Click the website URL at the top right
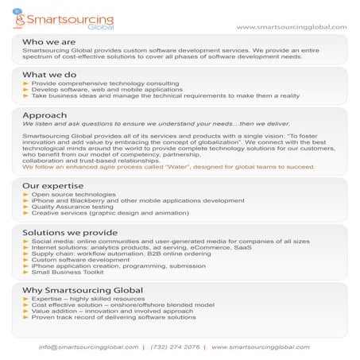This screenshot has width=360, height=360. (291, 26)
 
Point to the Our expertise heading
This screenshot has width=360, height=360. (52, 185)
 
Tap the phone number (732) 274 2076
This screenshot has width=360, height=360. (175, 347)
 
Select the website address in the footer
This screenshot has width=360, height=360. (260, 347)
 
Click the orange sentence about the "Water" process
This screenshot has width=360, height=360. (168, 167)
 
